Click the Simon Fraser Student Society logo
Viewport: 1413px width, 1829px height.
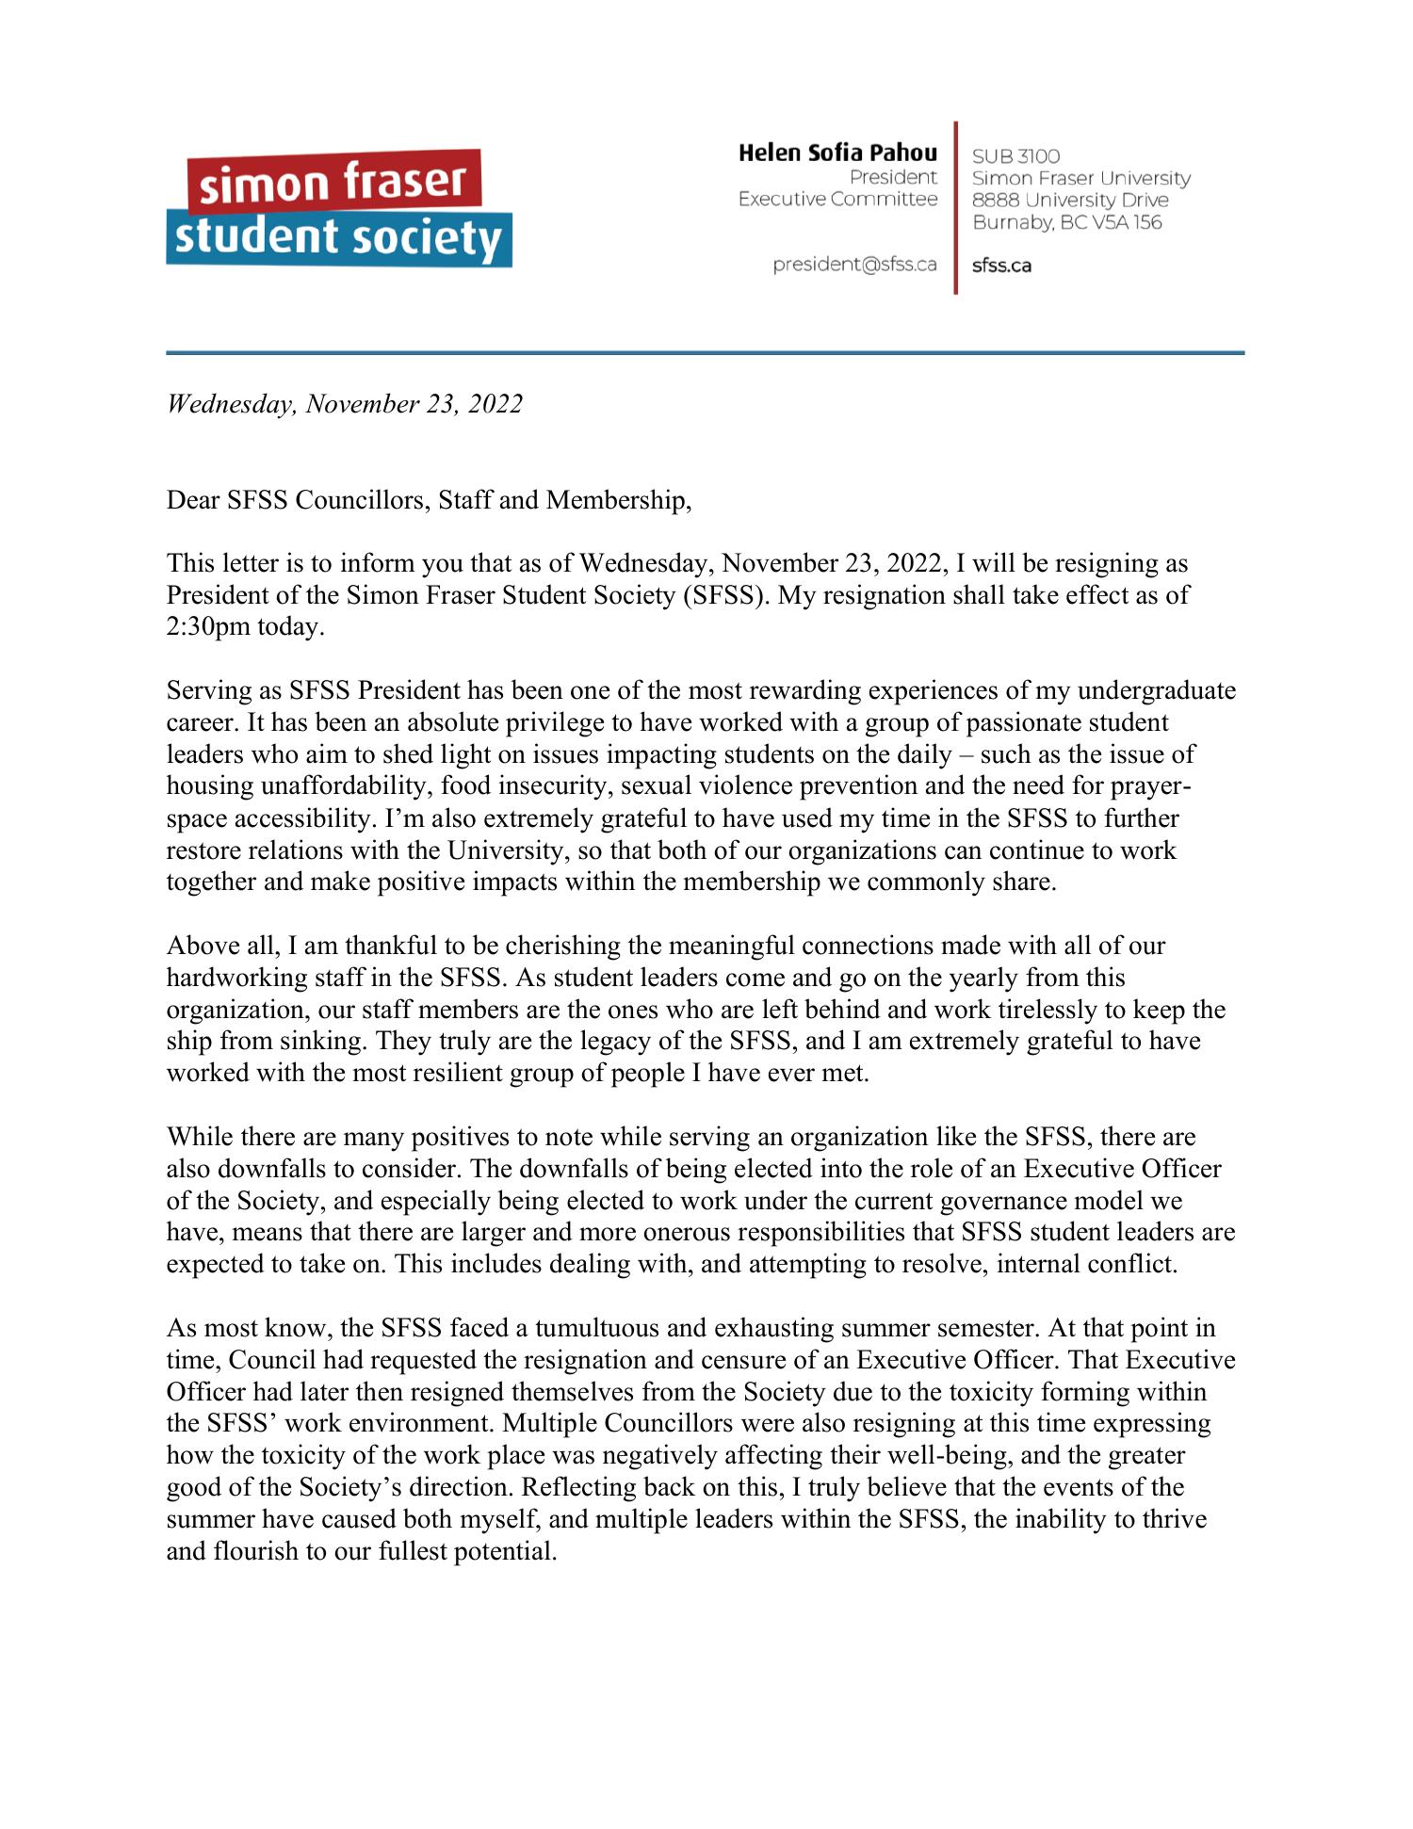[339, 209]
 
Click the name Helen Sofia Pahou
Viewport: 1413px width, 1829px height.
[837, 153]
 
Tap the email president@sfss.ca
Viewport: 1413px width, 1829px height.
[854, 265]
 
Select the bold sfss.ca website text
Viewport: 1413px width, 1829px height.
[1001, 266]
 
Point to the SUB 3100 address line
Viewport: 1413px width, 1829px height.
[1015, 156]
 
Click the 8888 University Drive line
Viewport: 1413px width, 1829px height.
[1070, 201]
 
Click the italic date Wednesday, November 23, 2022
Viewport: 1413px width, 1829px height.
[344, 404]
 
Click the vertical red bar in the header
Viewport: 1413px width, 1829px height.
[955, 207]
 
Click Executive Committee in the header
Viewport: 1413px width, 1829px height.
[837, 200]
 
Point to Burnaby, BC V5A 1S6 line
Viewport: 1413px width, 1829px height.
[1066, 223]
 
